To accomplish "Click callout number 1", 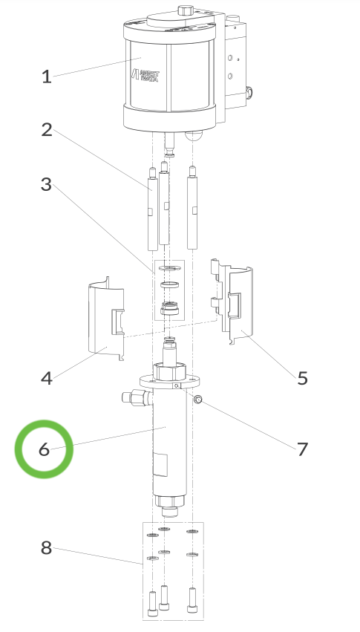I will click(47, 76).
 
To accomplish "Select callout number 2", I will click(47, 130).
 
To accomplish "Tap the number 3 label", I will click(47, 185).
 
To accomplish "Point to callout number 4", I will click(47, 378).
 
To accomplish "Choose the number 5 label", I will click(302, 378).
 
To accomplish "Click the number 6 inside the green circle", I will click(44, 449).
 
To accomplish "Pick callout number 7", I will click(302, 449).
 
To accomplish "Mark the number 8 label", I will click(47, 548).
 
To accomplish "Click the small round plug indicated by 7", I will click(199, 400).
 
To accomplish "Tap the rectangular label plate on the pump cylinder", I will click(160, 465).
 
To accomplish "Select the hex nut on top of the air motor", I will click(184, 10).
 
